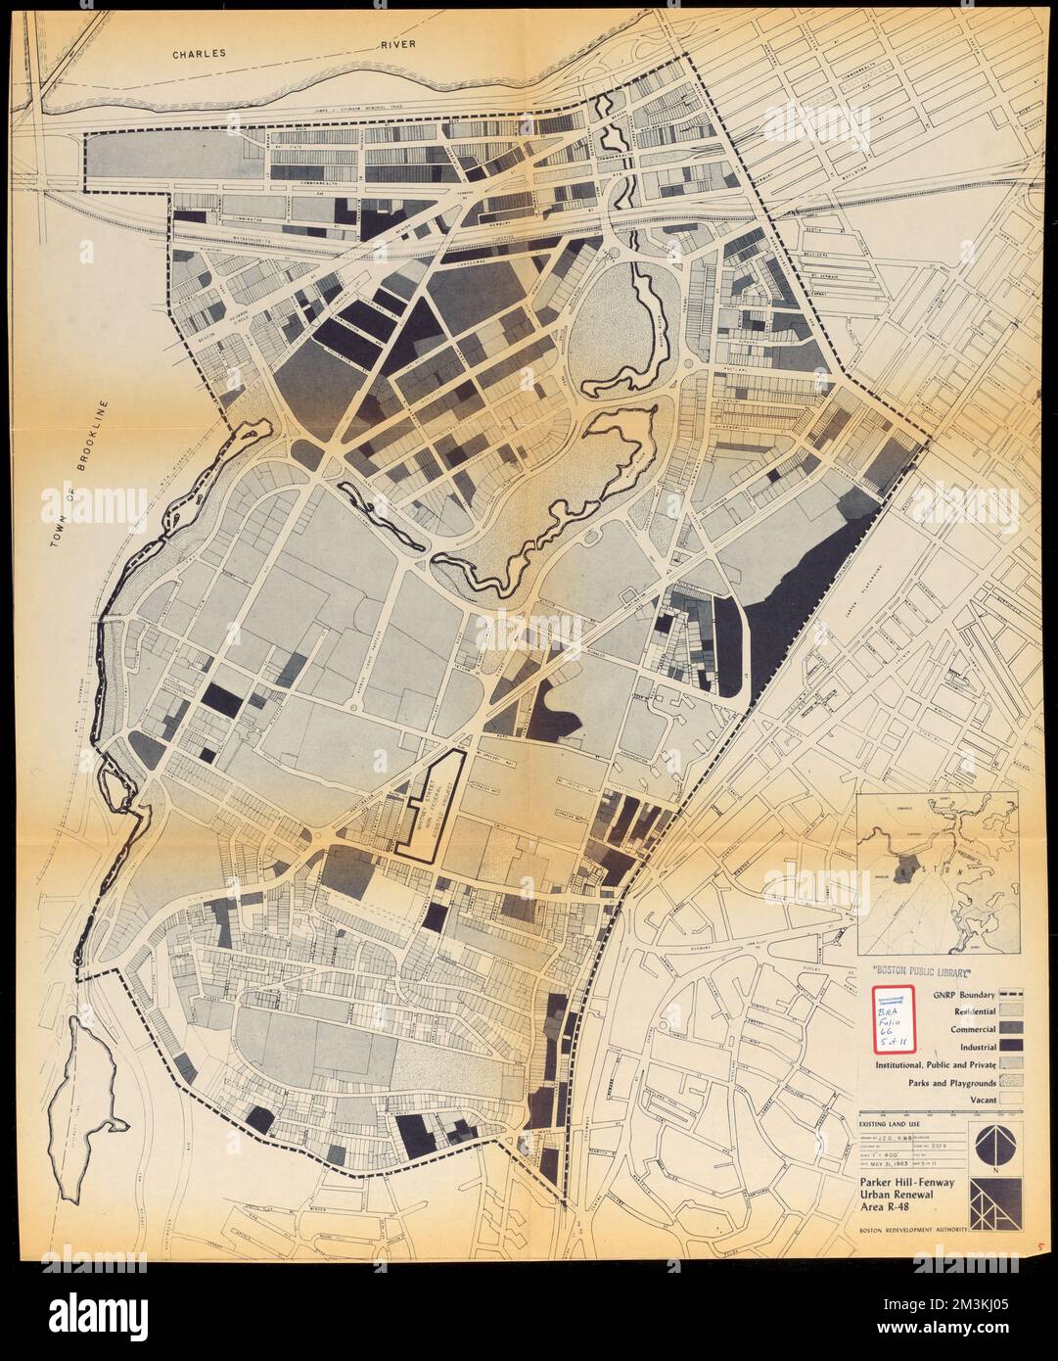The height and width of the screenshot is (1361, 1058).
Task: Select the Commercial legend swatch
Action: coord(1013,1029)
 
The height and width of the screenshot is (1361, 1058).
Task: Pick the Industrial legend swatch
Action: coord(1013,1047)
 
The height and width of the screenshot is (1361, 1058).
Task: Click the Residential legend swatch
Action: coord(1013,1010)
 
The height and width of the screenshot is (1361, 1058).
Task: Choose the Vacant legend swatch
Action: coord(1013,1100)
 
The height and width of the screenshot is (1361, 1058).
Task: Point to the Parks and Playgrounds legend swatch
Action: coord(1013,1083)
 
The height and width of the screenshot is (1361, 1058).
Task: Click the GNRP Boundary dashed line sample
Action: coord(1013,994)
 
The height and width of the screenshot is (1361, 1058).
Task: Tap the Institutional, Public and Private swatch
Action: coord(1013,1064)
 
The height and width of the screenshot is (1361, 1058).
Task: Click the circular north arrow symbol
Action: coord(996,1143)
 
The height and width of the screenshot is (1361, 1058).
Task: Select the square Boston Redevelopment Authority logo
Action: coord(996,1200)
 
